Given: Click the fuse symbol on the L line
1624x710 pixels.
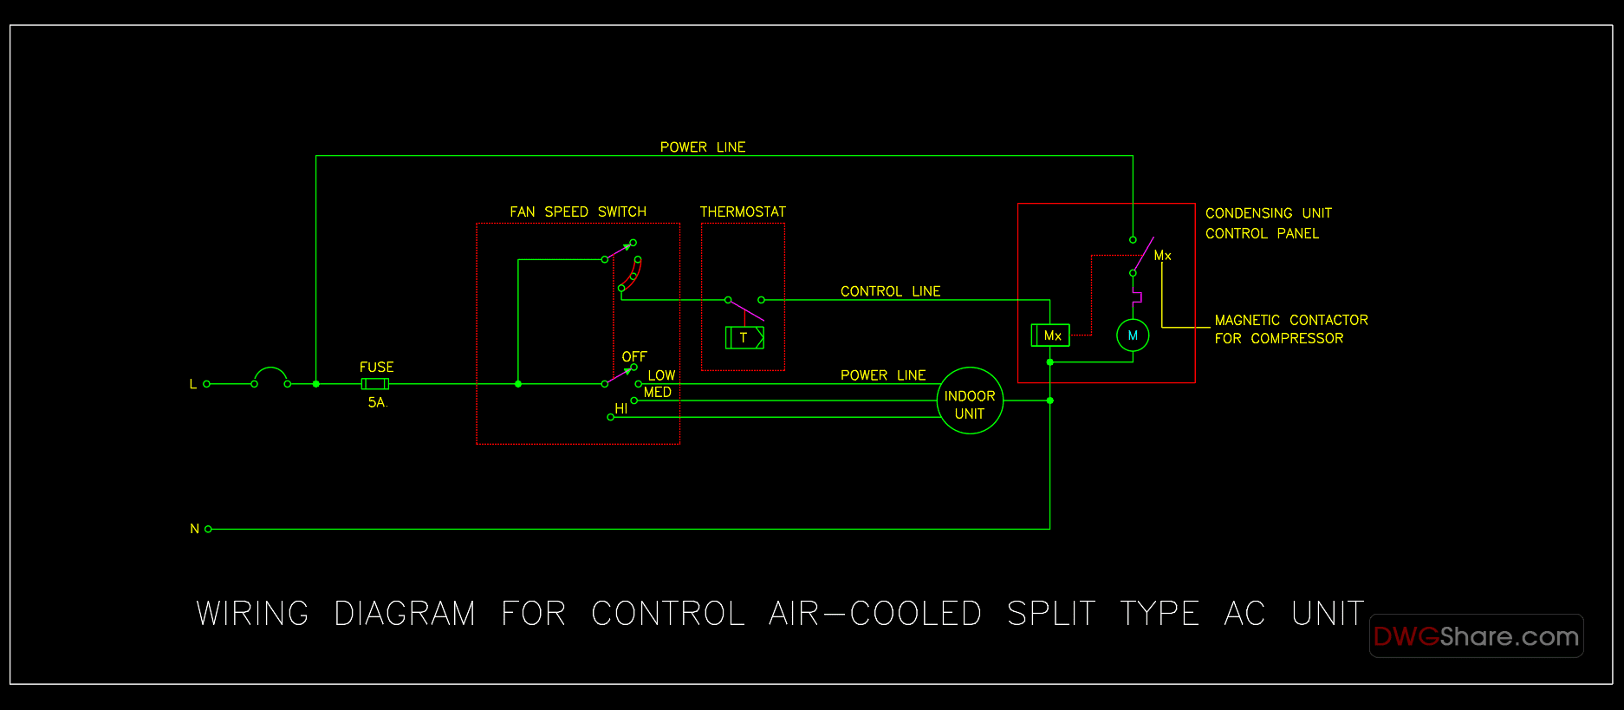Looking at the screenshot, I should pyautogui.click(x=375, y=384).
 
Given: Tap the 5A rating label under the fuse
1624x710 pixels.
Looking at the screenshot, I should pyautogui.click(x=377, y=402).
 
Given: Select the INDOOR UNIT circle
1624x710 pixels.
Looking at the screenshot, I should pyautogui.click(x=970, y=401).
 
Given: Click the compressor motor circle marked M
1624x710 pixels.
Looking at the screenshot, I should pyautogui.click(x=1133, y=335).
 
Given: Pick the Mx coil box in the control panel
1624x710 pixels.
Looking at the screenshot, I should pyautogui.click(x=1050, y=335).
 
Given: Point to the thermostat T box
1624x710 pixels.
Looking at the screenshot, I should pyautogui.click(x=744, y=338).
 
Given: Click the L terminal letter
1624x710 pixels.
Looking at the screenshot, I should pyautogui.click(x=193, y=384).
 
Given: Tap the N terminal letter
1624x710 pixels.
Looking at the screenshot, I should pyautogui.click(x=195, y=529).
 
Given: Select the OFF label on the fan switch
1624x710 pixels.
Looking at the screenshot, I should pyautogui.click(x=634, y=357).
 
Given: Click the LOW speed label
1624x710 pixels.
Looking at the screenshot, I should pyautogui.click(x=661, y=375).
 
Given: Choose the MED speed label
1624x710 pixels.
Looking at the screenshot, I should pyautogui.click(x=658, y=393).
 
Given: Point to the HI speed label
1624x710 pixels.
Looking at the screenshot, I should pyautogui.click(x=621, y=409).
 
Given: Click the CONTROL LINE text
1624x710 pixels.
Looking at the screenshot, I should pyautogui.click(x=890, y=291).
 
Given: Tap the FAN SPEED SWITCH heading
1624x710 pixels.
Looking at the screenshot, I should pyautogui.click(x=578, y=212).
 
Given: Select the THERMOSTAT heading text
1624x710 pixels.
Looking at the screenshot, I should pyautogui.click(x=743, y=212).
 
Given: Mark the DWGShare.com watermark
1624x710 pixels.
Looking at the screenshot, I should pyautogui.click(x=1476, y=636).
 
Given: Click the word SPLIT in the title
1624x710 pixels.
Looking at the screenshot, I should pyautogui.click(x=1051, y=614).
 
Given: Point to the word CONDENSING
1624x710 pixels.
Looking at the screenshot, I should pyautogui.click(x=1249, y=213).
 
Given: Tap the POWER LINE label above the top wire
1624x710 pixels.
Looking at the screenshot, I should pyautogui.click(x=703, y=147).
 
